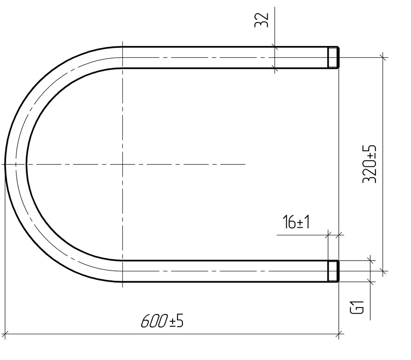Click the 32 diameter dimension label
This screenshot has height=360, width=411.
pyautogui.click(x=262, y=20)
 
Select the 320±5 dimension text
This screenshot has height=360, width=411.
pyautogui.click(x=369, y=164)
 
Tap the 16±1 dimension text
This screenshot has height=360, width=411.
pyautogui.click(x=296, y=222)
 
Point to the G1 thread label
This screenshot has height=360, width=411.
pyautogui.click(x=357, y=307)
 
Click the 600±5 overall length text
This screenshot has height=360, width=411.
pyautogui.click(x=162, y=321)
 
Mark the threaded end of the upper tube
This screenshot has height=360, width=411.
pyautogui.click(x=333, y=57)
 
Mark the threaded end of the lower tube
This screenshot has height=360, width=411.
pyautogui.click(x=333, y=271)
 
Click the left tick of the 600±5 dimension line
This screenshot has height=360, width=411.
pyautogui.click(x=5, y=334)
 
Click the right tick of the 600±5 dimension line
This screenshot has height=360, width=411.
pyautogui.click(x=339, y=334)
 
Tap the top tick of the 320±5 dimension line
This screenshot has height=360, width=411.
pyautogui.click(x=383, y=57)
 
